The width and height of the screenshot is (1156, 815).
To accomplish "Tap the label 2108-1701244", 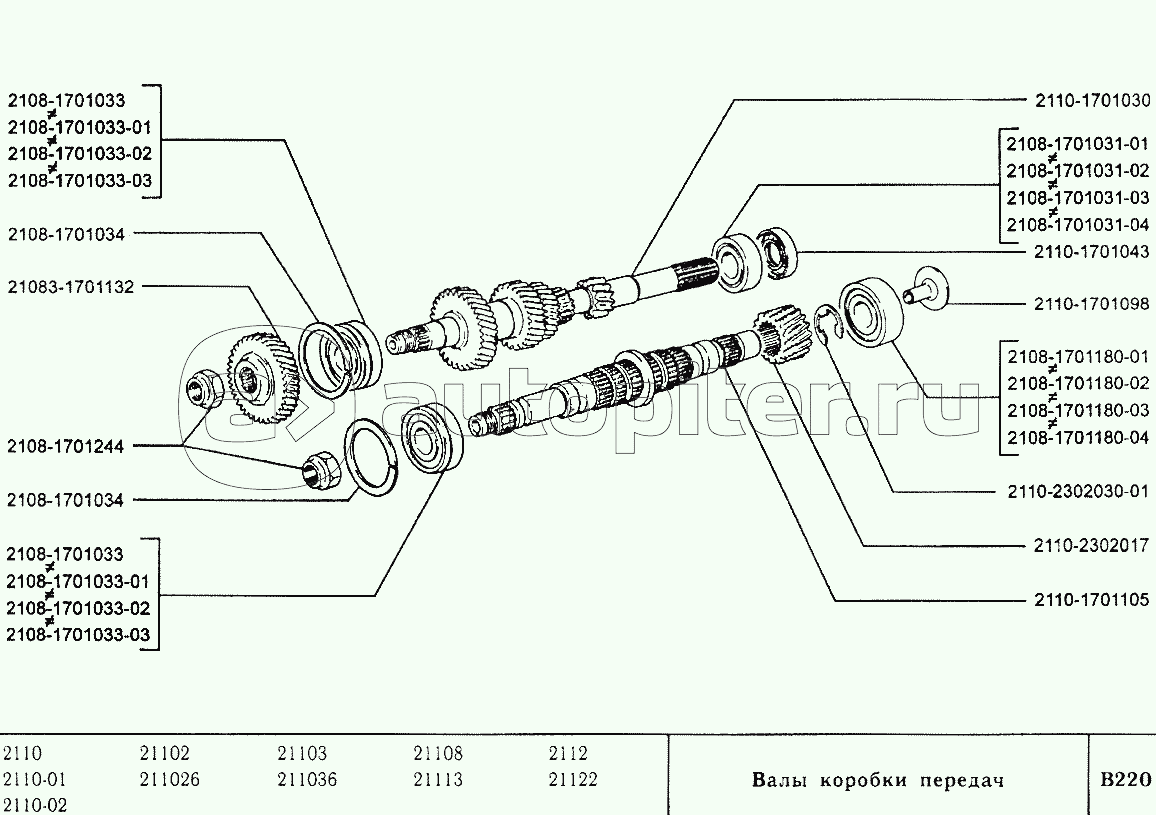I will pos(65,447).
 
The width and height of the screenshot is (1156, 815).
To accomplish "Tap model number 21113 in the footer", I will pos(438,780).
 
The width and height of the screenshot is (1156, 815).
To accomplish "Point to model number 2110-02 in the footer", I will pos(35,805).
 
